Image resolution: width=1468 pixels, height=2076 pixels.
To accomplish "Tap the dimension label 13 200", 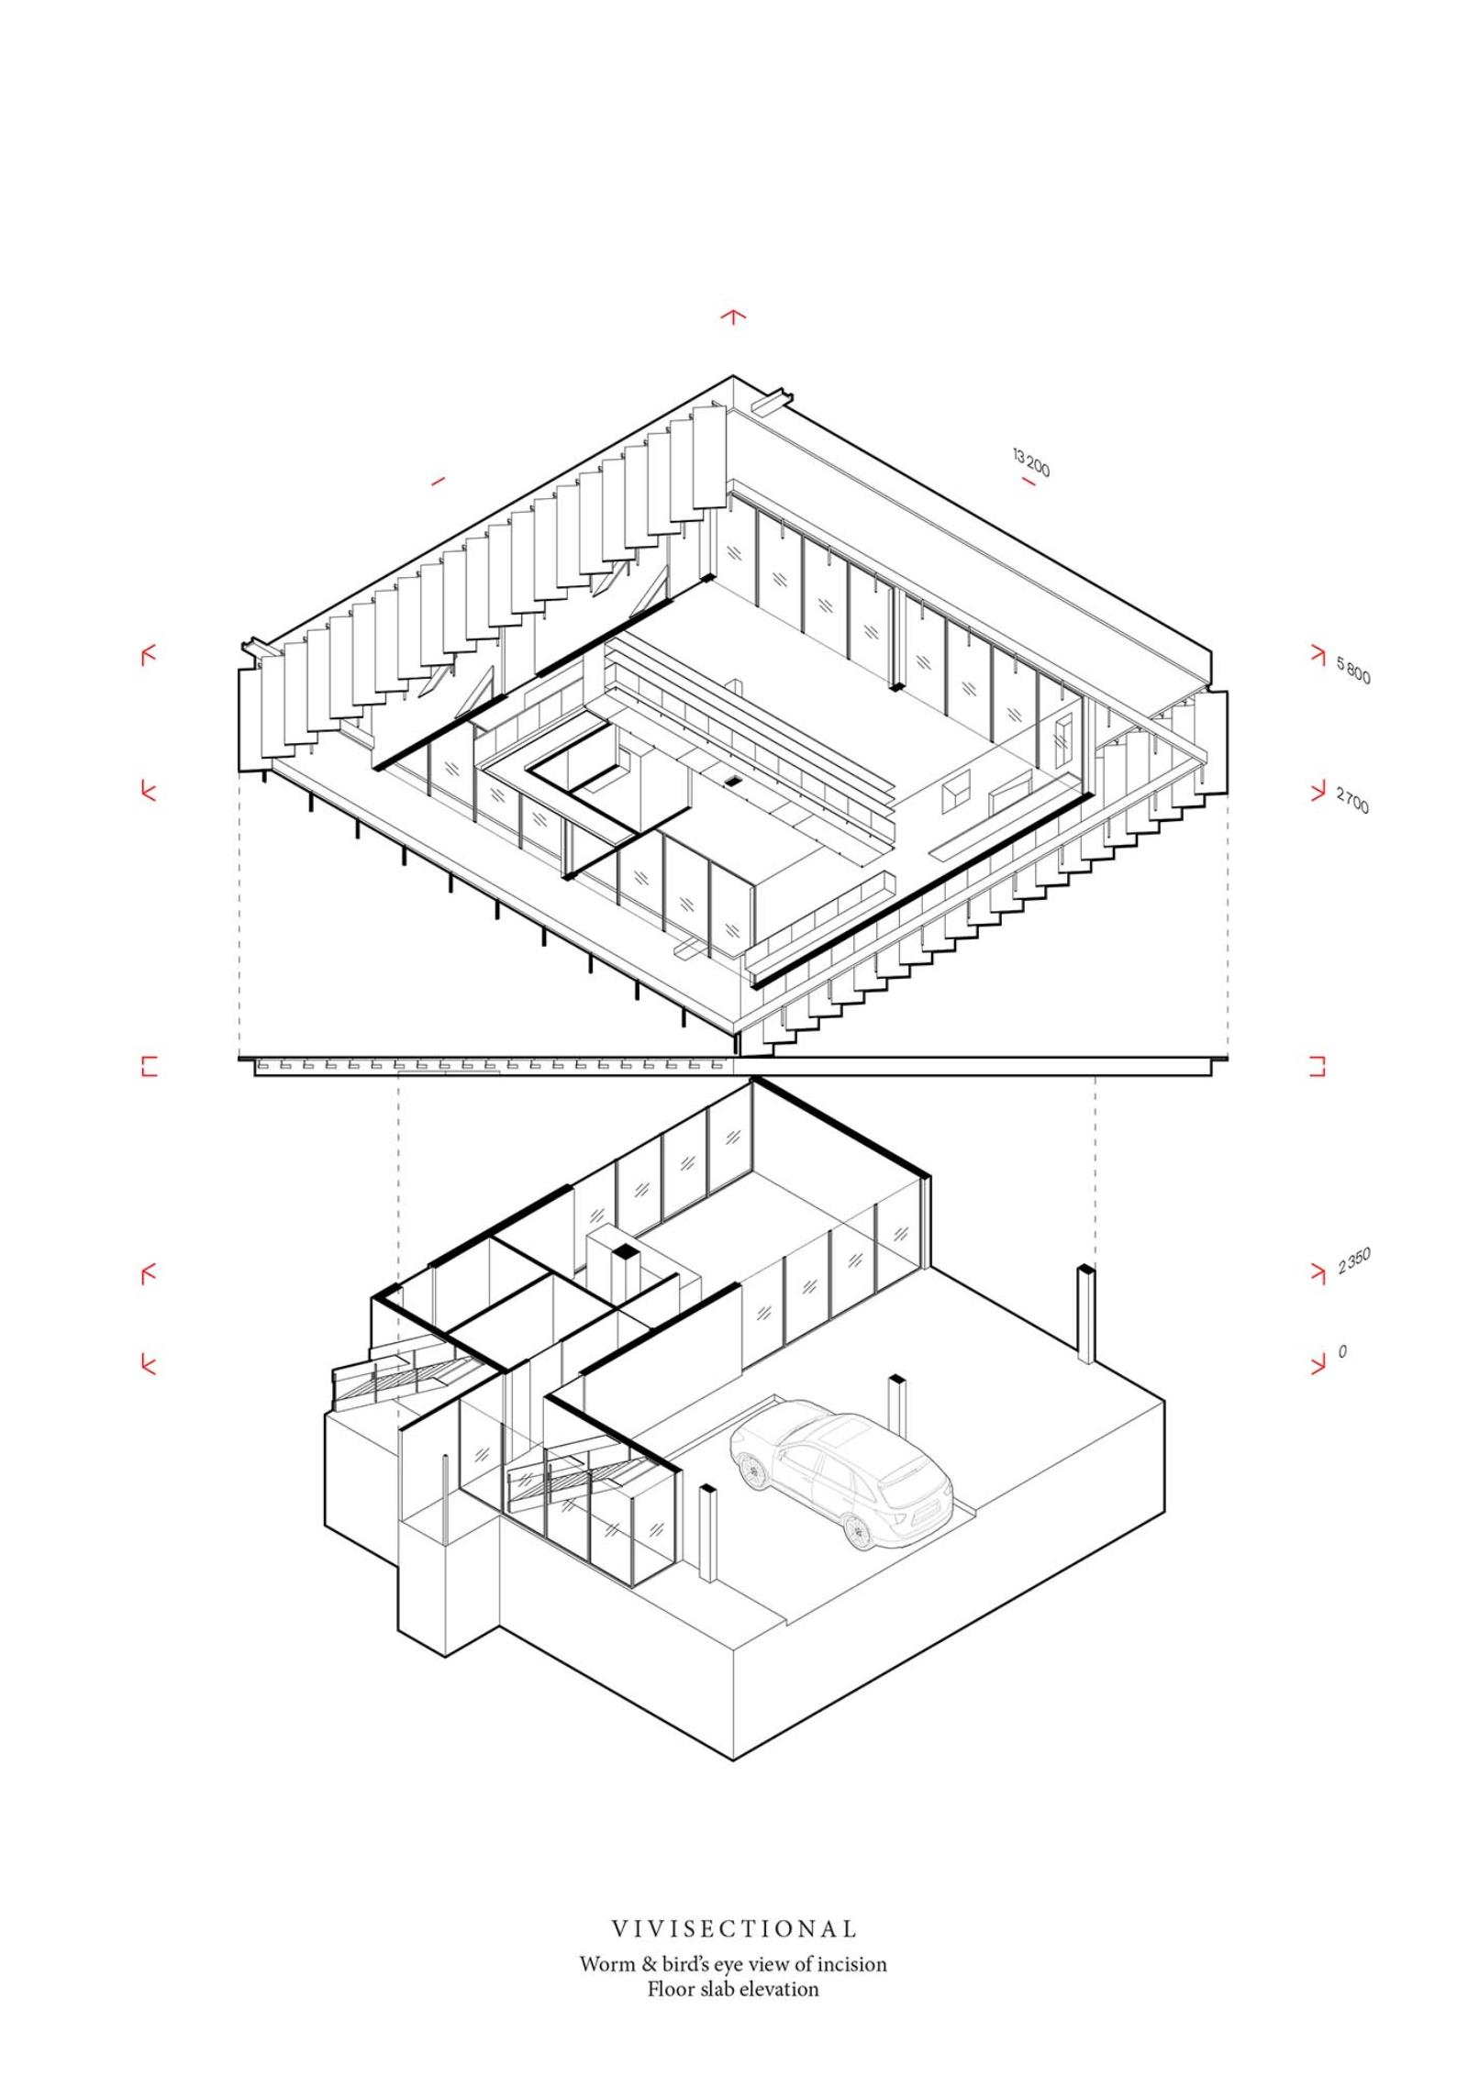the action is [1031, 462].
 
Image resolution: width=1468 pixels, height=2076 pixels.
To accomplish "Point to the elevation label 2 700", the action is [1352, 800].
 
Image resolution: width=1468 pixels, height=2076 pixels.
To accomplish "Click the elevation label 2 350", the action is [1354, 1261].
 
